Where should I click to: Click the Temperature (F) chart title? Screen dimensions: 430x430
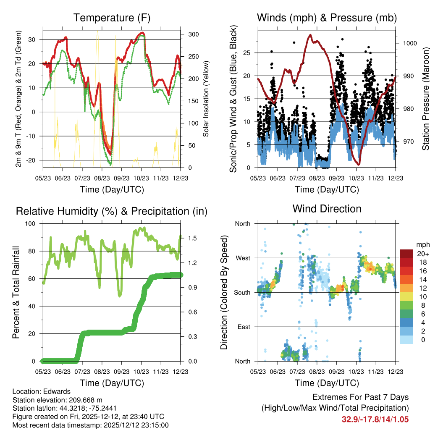click(x=112, y=18)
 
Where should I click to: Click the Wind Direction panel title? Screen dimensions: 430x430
click(x=327, y=209)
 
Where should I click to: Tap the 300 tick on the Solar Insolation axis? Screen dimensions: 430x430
click(x=194, y=34)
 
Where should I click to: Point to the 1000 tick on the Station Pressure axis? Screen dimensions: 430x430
click(x=410, y=43)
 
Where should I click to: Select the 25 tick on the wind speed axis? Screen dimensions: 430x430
click(x=247, y=52)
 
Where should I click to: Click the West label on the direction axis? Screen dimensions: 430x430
click(x=243, y=258)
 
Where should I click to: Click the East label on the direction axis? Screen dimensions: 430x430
click(x=244, y=327)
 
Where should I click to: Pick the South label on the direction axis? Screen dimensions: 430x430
click(x=242, y=293)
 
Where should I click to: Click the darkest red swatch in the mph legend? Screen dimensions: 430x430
click(x=406, y=254)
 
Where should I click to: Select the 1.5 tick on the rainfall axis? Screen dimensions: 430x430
click(x=192, y=238)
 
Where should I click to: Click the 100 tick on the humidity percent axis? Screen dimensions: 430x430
click(x=30, y=224)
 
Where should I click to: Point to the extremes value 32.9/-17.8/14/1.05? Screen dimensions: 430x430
click(x=375, y=420)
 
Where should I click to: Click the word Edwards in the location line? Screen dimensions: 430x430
click(x=57, y=391)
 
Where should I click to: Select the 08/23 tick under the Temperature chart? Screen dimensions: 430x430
click(x=102, y=178)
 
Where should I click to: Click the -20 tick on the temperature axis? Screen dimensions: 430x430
click(x=31, y=160)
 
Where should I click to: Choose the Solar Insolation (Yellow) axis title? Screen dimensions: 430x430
click(x=206, y=99)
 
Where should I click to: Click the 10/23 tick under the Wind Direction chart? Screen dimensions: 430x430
click(x=356, y=372)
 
